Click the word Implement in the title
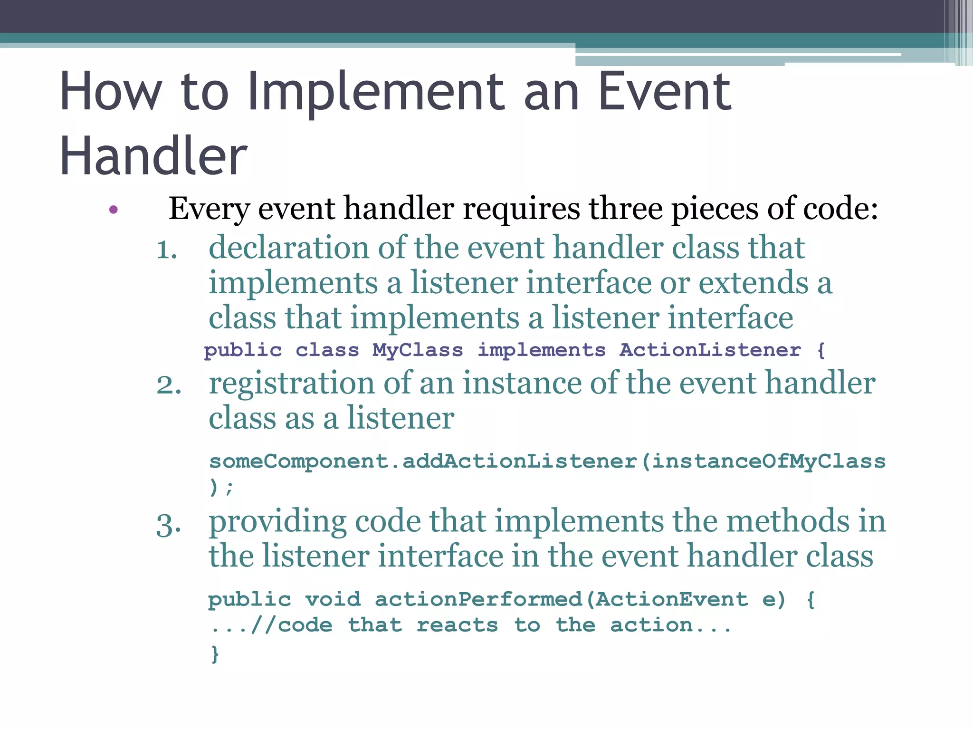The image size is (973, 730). pyautogui.click(x=375, y=93)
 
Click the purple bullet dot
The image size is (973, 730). pyautogui.click(x=113, y=210)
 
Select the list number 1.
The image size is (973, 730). pyautogui.click(x=166, y=250)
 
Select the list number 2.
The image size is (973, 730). pyautogui.click(x=169, y=385)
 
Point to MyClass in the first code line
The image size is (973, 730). pyautogui.click(x=418, y=350)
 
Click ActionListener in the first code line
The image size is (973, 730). pyautogui.click(x=710, y=350)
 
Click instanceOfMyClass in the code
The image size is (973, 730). pyautogui.click(x=768, y=461)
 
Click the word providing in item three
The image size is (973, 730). pyautogui.click(x=278, y=522)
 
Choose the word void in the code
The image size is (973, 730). pyautogui.click(x=333, y=599)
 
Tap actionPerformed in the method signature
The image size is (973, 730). pyautogui.click(x=478, y=599)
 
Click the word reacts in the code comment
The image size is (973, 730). pyautogui.click(x=457, y=625)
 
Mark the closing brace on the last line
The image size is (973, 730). pyautogui.click(x=215, y=654)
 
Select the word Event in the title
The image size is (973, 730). pyautogui.click(x=665, y=93)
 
